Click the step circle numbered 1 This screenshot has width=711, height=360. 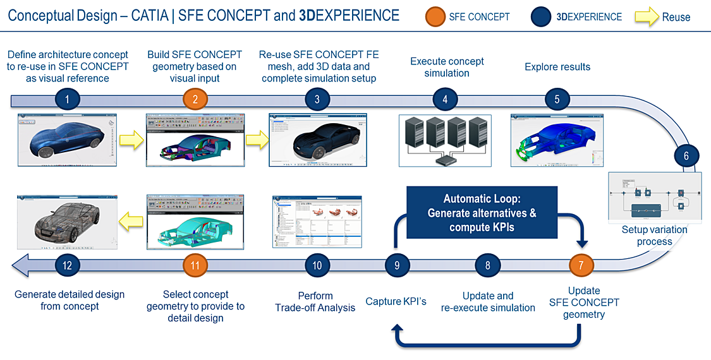tap(68, 99)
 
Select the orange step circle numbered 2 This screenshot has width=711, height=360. tap(195, 99)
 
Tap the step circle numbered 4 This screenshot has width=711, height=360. tap(445, 99)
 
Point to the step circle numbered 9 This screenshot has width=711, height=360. tap(398, 265)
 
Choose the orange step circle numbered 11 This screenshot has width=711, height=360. tap(195, 265)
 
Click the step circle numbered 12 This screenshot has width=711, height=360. tap(68, 265)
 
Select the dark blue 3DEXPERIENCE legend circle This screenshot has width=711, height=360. tap(542, 16)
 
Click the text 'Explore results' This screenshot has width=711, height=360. tap(557, 67)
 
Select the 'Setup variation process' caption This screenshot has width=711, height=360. tap(654, 236)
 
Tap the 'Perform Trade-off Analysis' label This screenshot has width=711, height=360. tap(315, 301)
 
